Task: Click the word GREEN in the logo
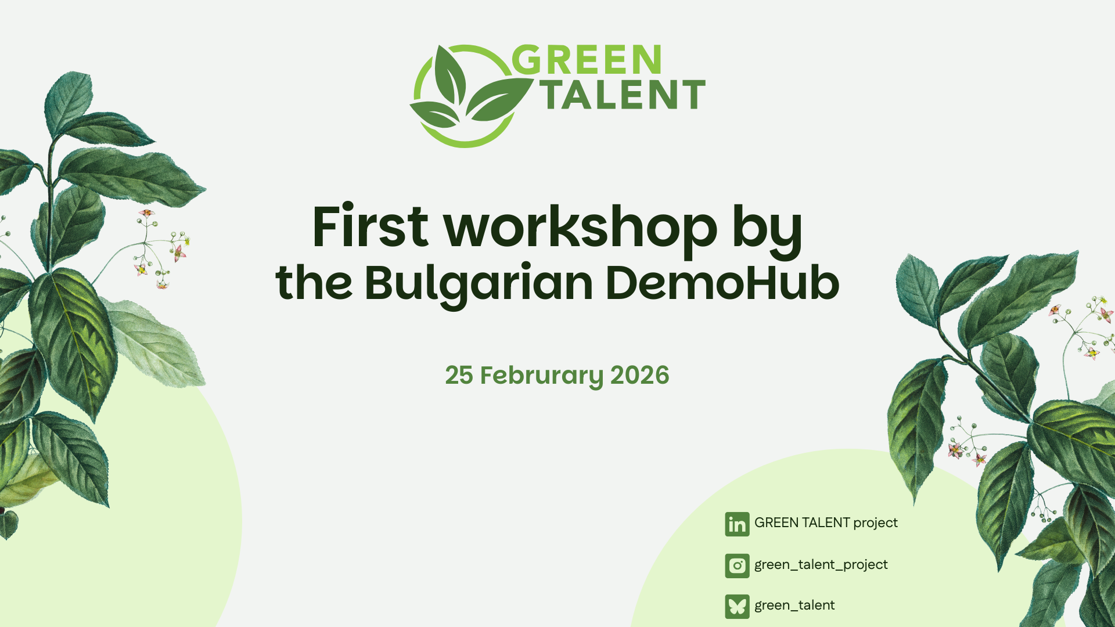tap(587, 60)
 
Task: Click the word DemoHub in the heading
tap(722, 283)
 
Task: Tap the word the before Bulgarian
tap(314, 283)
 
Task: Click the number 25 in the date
tap(459, 375)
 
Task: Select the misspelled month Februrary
tap(542, 376)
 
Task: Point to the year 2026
tap(639, 375)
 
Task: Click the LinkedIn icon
tap(737, 524)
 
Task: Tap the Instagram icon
tap(737, 565)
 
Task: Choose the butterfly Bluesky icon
tap(737, 607)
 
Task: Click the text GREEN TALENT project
tap(826, 523)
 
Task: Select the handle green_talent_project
tap(821, 565)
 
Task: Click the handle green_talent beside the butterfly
tap(794, 606)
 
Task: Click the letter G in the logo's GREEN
tap(527, 60)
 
